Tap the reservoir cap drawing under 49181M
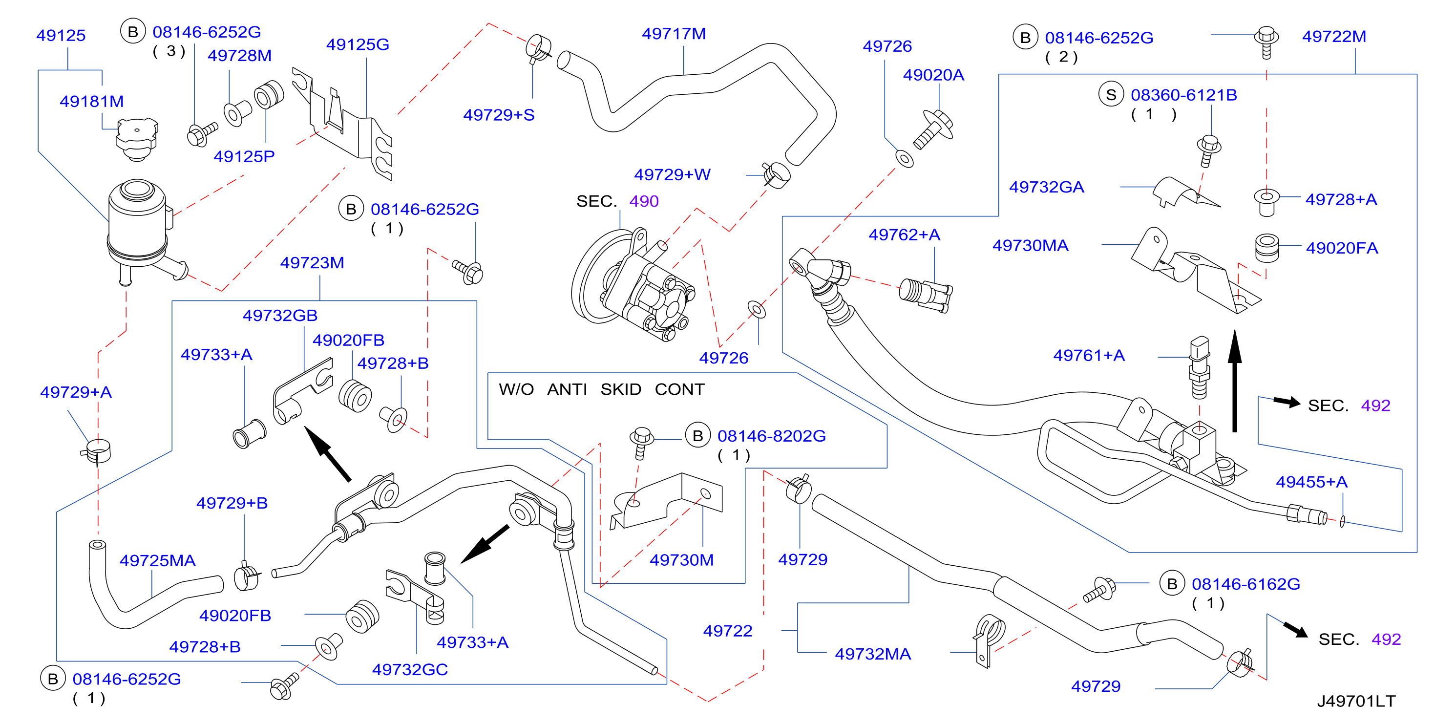pos(136,139)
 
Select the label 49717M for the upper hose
pos(674,34)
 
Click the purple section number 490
pos(644,201)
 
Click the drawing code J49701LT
pos(1356,701)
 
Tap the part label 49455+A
pos(1311,482)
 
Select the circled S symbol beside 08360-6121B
pos(1111,94)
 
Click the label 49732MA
pos(873,654)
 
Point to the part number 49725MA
pos(157,560)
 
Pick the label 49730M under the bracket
pos(682,560)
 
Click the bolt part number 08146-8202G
pos(772,436)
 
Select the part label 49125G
pos(358,44)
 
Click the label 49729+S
pos(499,115)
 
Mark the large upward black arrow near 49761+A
pos(1235,381)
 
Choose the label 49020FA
pos(1342,248)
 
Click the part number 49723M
pos(312,262)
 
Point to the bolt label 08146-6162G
pos(1246,584)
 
